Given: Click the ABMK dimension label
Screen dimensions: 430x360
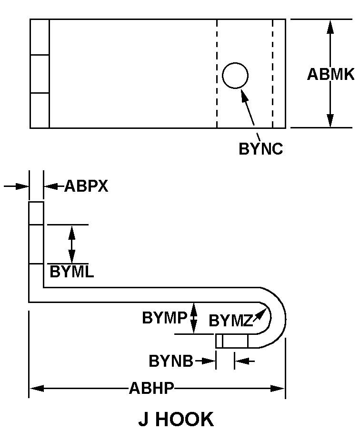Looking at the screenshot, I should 330,75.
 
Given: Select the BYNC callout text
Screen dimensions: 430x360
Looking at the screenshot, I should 260,149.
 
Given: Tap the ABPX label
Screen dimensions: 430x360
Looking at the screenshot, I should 86,186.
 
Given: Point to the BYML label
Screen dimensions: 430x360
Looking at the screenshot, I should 72,272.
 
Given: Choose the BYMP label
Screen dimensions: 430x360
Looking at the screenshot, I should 165,318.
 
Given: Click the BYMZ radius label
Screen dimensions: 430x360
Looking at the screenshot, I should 230,321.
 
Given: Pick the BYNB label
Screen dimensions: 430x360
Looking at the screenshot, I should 171,361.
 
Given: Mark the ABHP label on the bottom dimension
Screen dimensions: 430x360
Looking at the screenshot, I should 151,389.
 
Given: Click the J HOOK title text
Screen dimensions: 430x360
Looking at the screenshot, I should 176,419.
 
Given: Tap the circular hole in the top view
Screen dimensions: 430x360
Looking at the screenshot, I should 235,76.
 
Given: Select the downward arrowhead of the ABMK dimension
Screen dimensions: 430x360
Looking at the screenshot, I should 330,121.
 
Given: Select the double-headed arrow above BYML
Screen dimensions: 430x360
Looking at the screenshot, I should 72,244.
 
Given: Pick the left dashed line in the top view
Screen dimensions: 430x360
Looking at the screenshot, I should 217,74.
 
